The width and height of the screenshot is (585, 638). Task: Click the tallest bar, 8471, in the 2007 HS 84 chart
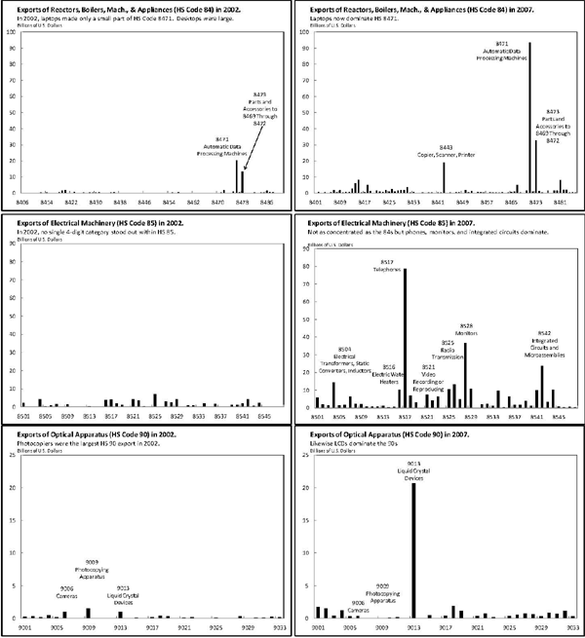[x=529, y=117]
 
